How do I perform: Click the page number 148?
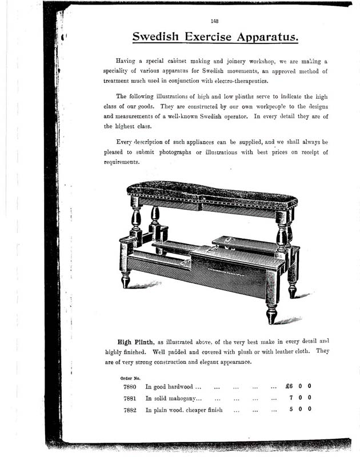[215, 21]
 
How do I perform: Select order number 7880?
[129, 387]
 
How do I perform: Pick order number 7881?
[129, 398]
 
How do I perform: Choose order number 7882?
[129, 410]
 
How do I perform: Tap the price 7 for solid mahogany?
[291, 398]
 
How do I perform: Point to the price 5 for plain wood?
[291, 409]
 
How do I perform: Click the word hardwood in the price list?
[182, 387]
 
